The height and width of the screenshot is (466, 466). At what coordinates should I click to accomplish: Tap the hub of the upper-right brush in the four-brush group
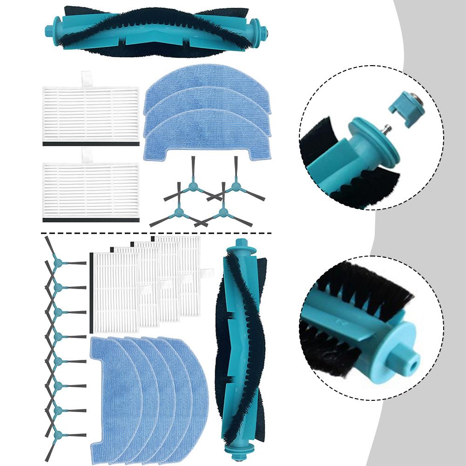(x=235, y=187)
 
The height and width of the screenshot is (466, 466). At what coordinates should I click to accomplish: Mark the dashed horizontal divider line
(x=154, y=232)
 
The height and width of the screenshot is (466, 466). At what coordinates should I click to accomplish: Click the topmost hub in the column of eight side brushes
(x=58, y=263)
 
